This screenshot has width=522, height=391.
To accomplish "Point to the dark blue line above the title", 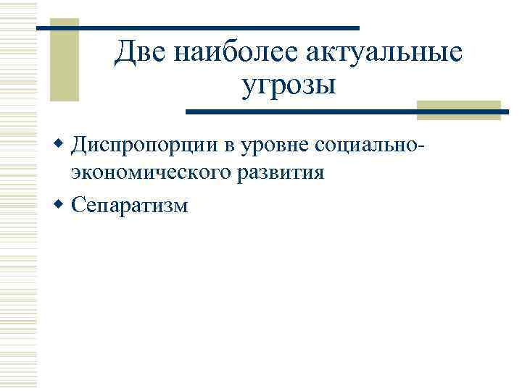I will click(198, 28).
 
